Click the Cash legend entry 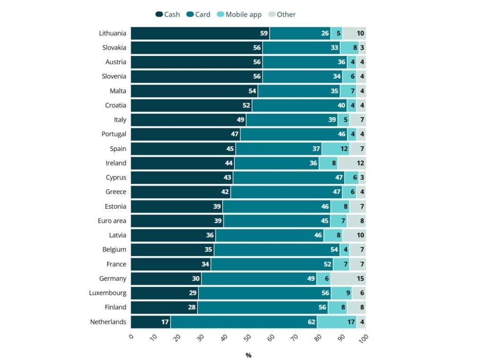point(168,14)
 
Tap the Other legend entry point(282,14)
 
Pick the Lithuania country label point(113,33)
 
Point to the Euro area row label point(112,221)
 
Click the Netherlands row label point(108,322)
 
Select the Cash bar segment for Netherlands point(151,322)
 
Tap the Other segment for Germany point(348,278)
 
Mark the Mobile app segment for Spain point(335,149)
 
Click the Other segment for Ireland point(352,163)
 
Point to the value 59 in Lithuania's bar point(264,33)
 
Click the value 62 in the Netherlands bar point(312,322)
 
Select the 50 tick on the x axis point(248,338)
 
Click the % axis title point(248,355)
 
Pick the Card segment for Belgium point(277,249)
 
